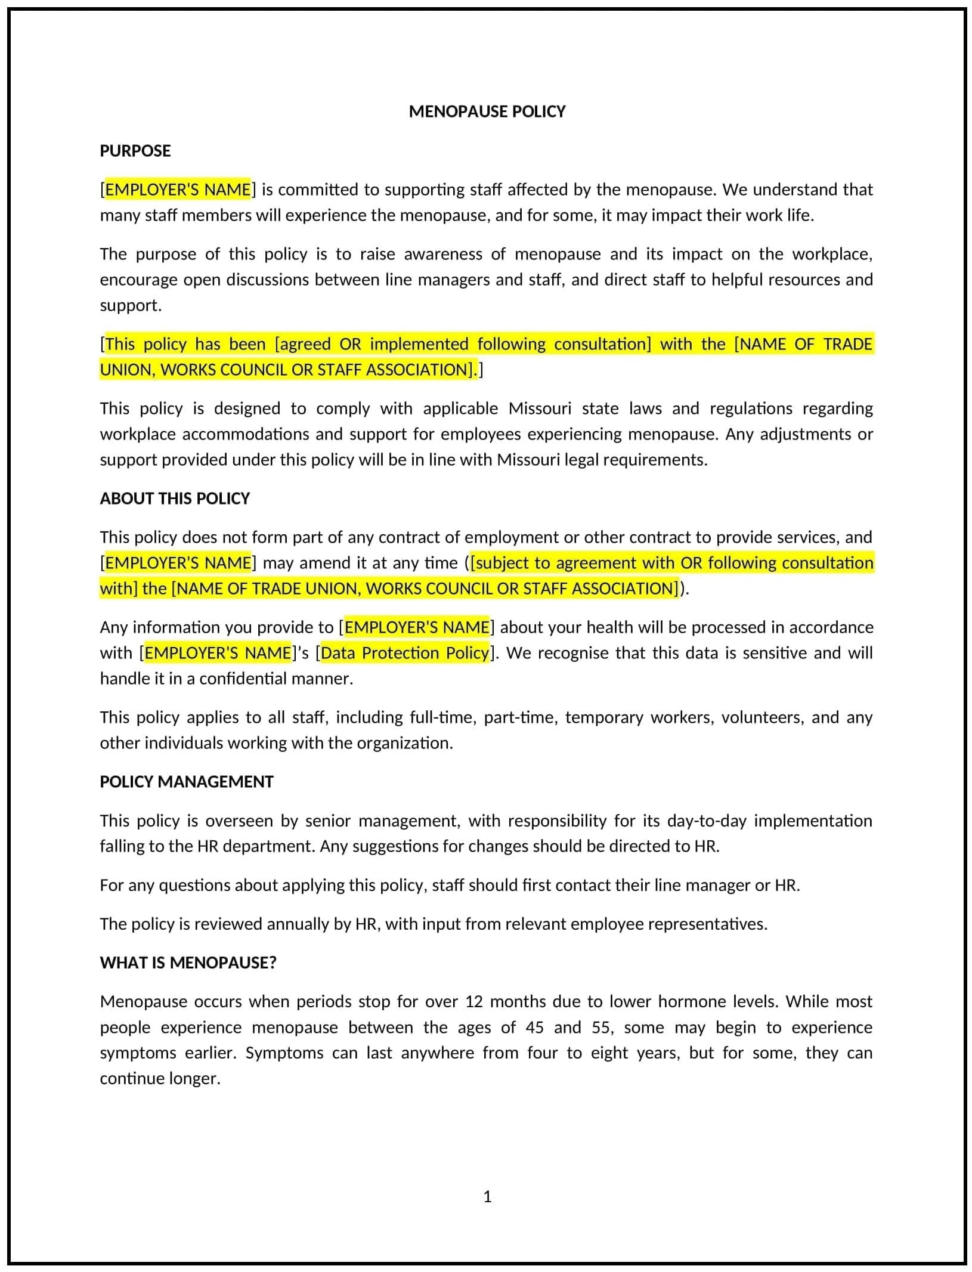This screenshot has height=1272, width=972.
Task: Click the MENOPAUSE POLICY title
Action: [487, 112]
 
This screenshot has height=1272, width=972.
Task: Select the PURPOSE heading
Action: [135, 151]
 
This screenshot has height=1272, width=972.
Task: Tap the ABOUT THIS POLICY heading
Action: [175, 499]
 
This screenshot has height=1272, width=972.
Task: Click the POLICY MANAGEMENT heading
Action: [186, 782]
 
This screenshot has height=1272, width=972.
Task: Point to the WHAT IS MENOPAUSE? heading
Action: [188, 962]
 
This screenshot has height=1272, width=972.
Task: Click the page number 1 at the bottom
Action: [487, 1196]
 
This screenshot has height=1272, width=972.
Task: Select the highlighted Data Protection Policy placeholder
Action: [405, 653]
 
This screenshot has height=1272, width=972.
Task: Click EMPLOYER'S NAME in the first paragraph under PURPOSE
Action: [178, 190]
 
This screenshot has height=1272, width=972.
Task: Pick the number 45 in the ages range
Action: [535, 1027]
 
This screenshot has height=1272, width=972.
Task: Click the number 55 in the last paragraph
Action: [601, 1027]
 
